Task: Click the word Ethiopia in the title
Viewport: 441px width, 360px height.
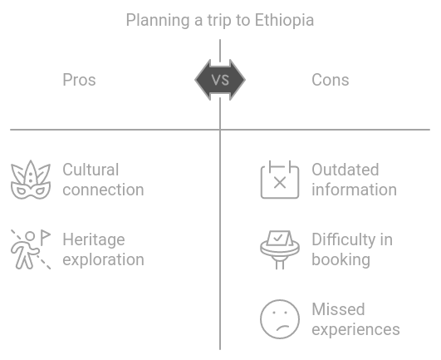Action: pos(284,21)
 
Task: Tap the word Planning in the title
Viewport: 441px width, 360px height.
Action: pos(158,21)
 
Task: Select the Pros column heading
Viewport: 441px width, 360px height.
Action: pos(79,80)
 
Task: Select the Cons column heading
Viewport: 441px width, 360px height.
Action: pos(331,80)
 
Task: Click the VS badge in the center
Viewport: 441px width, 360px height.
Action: pos(220,80)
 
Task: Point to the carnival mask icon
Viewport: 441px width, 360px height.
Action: pos(31,180)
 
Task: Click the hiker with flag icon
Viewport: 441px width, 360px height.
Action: pos(31,249)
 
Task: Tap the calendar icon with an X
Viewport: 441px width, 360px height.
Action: pos(280,180)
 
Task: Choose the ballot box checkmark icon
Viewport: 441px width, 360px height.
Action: pos(280,249)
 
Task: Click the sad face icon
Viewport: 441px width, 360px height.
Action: pos(280,319)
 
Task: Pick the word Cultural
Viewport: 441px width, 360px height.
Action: pos(91,170)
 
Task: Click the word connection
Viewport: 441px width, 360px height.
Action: pos(103,190)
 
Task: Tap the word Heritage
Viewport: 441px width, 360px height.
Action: pos(94,239)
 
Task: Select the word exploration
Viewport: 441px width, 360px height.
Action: pos(103,259)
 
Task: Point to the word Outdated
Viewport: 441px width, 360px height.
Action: pos(345,170)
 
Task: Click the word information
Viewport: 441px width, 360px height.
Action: pos(355,190)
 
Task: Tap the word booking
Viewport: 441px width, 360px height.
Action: pos(341,259)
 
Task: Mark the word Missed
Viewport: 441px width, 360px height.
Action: pos(338,309)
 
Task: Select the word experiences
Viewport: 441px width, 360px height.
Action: pos(355,329)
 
